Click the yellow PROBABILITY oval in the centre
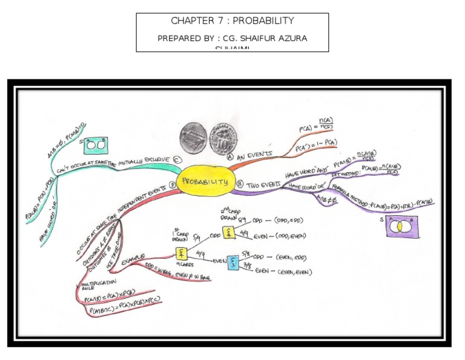[205, 181]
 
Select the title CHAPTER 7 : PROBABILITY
[232, 21]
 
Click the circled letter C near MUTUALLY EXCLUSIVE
[177, 159]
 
